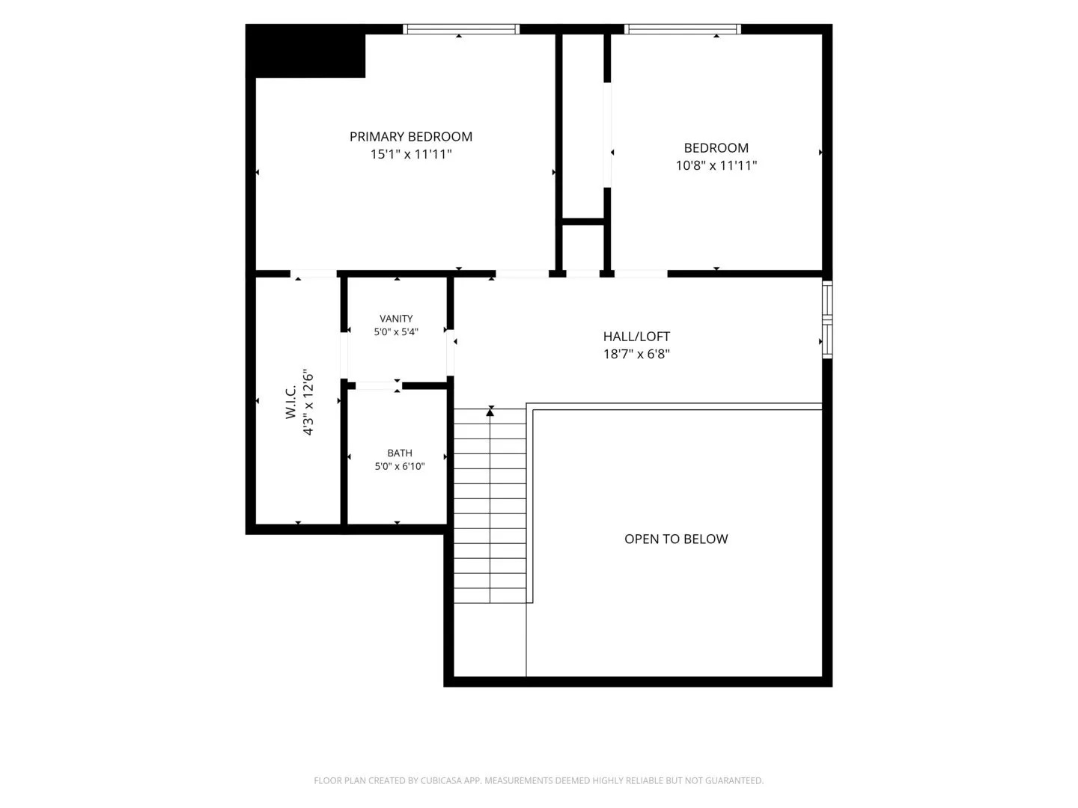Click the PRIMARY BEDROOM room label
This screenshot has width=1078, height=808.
410,136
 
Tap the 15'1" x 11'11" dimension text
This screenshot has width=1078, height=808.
410,154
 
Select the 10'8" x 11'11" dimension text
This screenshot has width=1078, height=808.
716,165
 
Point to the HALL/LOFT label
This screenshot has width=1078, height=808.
636,337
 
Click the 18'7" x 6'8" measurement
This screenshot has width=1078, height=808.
636,354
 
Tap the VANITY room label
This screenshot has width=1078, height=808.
396,319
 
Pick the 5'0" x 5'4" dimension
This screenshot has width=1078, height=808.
396,331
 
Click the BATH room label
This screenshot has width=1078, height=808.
399,453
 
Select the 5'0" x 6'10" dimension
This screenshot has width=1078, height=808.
399,466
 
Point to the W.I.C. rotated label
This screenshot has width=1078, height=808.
290,401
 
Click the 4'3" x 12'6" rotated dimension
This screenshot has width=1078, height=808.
308,402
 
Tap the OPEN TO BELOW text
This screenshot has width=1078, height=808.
676,539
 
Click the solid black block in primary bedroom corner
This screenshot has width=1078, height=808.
305,51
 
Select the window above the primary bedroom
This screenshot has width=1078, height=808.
461,29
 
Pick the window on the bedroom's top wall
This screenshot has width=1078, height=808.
683,29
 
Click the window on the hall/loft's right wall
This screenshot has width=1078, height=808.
827,319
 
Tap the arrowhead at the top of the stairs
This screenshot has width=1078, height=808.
490,412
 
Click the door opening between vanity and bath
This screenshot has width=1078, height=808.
376,386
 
